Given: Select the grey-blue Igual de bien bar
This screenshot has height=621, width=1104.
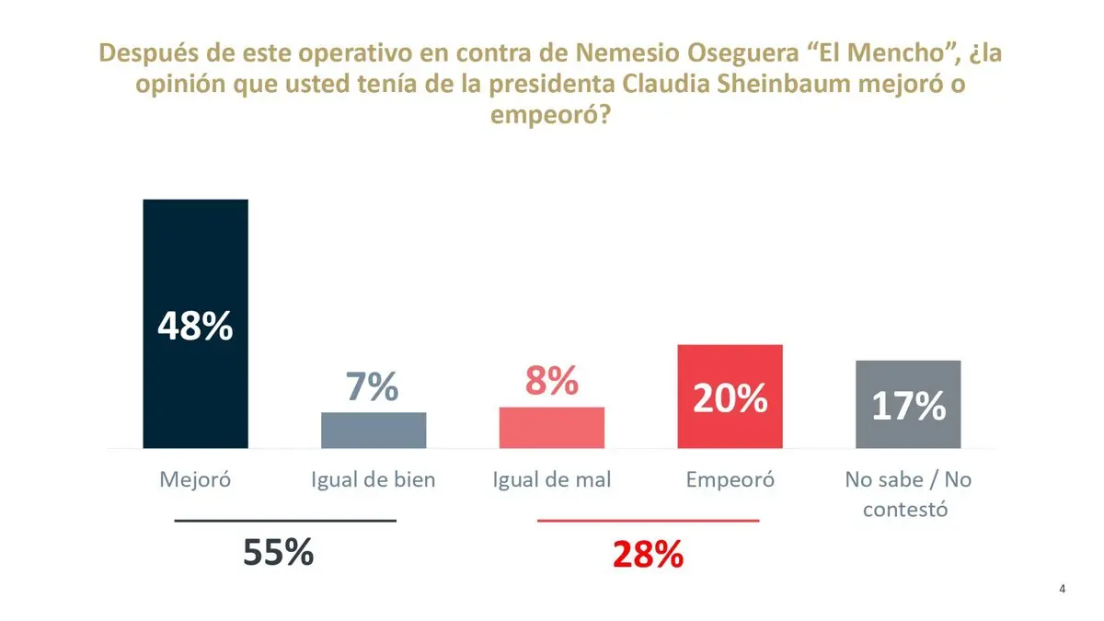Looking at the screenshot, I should pyautogui.click(x=374, y=431).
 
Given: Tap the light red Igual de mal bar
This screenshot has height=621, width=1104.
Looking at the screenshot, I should pyautogui.click(x=552, y=428).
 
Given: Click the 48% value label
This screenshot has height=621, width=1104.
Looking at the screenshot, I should pyautogui.click(x=195, y=327).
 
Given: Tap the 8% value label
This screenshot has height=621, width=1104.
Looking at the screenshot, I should pyautogui.click(x=551, y=381).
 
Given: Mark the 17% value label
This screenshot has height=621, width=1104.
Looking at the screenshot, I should pyautogui.click(x=908, y=406).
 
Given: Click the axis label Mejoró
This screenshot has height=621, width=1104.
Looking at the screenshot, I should pyautogui.click(x=195, y=479).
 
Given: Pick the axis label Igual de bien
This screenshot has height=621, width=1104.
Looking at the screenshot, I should pyautogui.click(x=374, y=479).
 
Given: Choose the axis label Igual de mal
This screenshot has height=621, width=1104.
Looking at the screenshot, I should pyautogui.click(x=552, y=479).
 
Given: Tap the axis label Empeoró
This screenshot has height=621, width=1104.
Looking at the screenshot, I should pyautogui.click(x=730, y=479).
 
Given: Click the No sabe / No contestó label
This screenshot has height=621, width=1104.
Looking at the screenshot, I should pyautogui.click(x=908, y=494).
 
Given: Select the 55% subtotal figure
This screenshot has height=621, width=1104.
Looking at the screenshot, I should pyautogui.click(x=279, y=552).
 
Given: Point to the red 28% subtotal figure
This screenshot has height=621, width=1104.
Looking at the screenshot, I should pyautogui.click(x=648, y=555).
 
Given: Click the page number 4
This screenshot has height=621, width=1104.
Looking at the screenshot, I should pyautogui.click(x=1063, y=590).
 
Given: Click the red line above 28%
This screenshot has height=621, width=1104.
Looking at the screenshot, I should pyautogui.click(x=648, y=521).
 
